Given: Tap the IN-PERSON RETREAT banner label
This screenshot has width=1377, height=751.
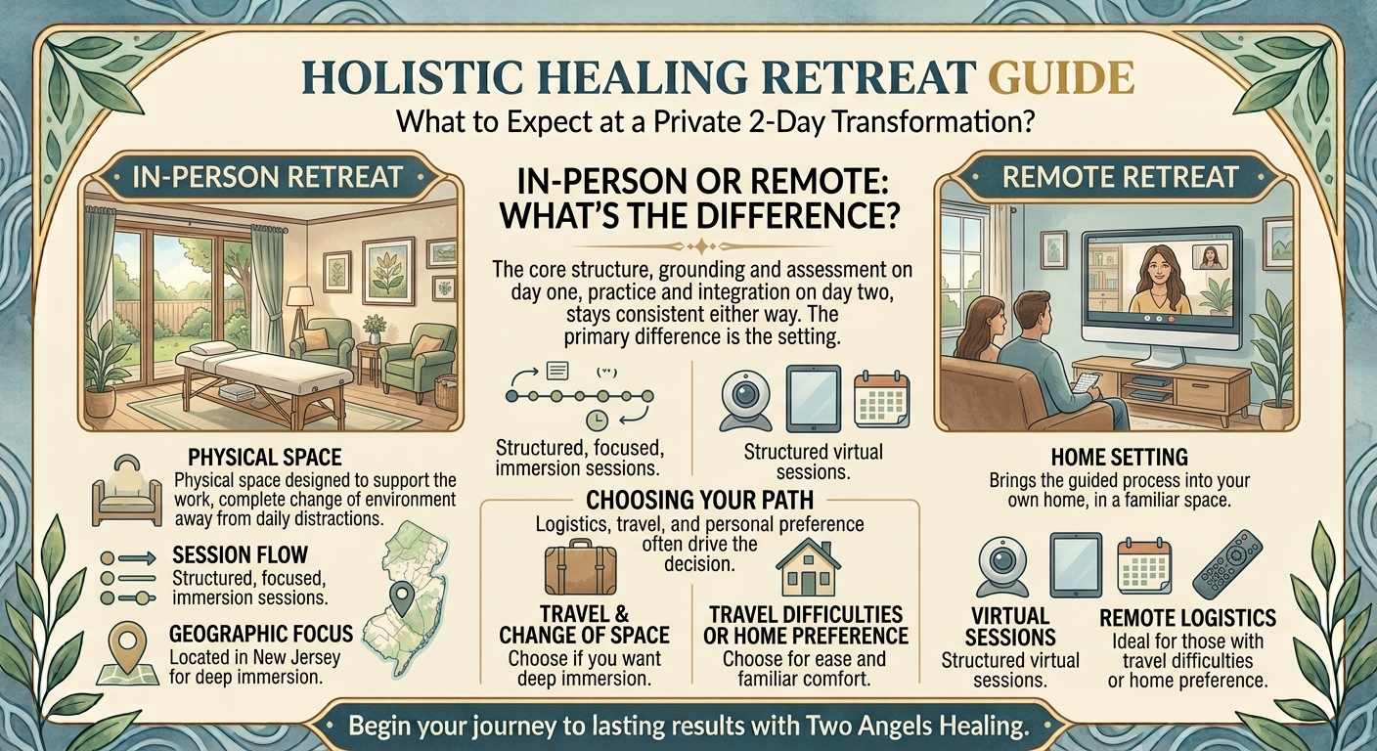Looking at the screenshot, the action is (267, 177).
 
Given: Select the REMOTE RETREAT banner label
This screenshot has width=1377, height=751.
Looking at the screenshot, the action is (1119, 177).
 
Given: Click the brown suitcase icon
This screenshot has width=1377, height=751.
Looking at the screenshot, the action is (580, 566).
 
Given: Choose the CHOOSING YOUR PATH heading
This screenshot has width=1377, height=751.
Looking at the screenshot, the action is (699, 501).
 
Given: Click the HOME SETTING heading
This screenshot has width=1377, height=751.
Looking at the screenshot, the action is (1120, 458).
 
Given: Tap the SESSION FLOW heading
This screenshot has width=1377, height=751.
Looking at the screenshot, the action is (240, 555).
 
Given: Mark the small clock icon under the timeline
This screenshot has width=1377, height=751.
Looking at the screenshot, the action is (598, 421).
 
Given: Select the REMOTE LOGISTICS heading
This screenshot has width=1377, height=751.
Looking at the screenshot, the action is (1187, 617).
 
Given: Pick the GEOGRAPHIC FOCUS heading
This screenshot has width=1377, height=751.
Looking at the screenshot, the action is (261, 633).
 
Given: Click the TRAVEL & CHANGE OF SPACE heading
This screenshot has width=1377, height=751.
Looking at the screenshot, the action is (584, 625).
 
